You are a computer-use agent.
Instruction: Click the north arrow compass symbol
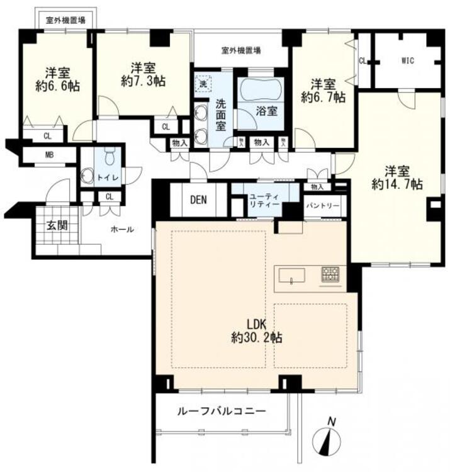click(x=327, y=438)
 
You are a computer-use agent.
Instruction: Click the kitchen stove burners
click(x=330, y=274)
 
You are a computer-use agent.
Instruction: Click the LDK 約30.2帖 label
click(x=256, y=331)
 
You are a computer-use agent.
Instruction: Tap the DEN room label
click(x=199, y=201)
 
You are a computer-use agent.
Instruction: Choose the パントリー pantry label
click(x=323, y=206)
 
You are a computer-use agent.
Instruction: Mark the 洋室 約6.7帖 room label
click(x=322, y=90)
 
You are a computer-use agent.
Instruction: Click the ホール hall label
click(x=121, y=230)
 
